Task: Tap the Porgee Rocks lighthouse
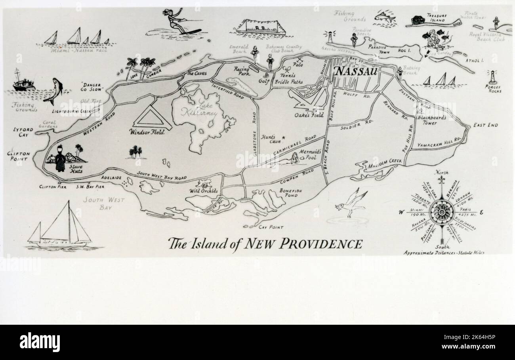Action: (x=493, y=77)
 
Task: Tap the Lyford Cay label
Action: (x=23, y=132)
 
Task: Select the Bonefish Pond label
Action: (x=291, y=193)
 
